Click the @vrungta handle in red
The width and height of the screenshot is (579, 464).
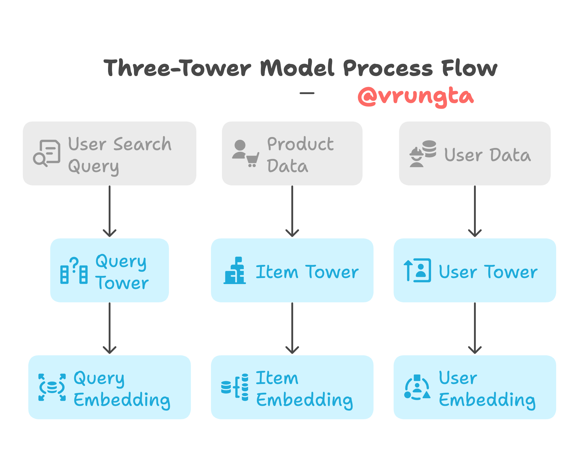coord(416,97)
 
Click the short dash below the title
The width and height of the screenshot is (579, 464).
coord(307,93)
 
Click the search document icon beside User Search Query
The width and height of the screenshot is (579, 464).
coord(47,153)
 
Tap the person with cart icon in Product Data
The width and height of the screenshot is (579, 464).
coord(245,154)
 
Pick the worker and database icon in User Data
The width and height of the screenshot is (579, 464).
coord(423,153)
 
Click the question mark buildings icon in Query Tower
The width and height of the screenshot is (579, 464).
coord(74,271)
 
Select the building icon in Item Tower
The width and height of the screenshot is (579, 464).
coord(235,271)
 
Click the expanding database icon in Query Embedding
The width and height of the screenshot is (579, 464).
coord(52,387)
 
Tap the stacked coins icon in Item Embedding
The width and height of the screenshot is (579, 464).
coord(235,387)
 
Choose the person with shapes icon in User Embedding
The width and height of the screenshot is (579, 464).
coord(417,387)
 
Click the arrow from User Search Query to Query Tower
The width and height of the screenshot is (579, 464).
coord(110,212)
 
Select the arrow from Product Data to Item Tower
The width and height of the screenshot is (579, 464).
coord(292,212)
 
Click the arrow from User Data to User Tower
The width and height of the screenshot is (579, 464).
coord(475,212)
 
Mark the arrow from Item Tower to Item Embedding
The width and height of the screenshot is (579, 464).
coord(292,328)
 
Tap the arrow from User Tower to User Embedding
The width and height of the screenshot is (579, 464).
coord(475,328)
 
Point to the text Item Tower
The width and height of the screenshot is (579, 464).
coord(307,272)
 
